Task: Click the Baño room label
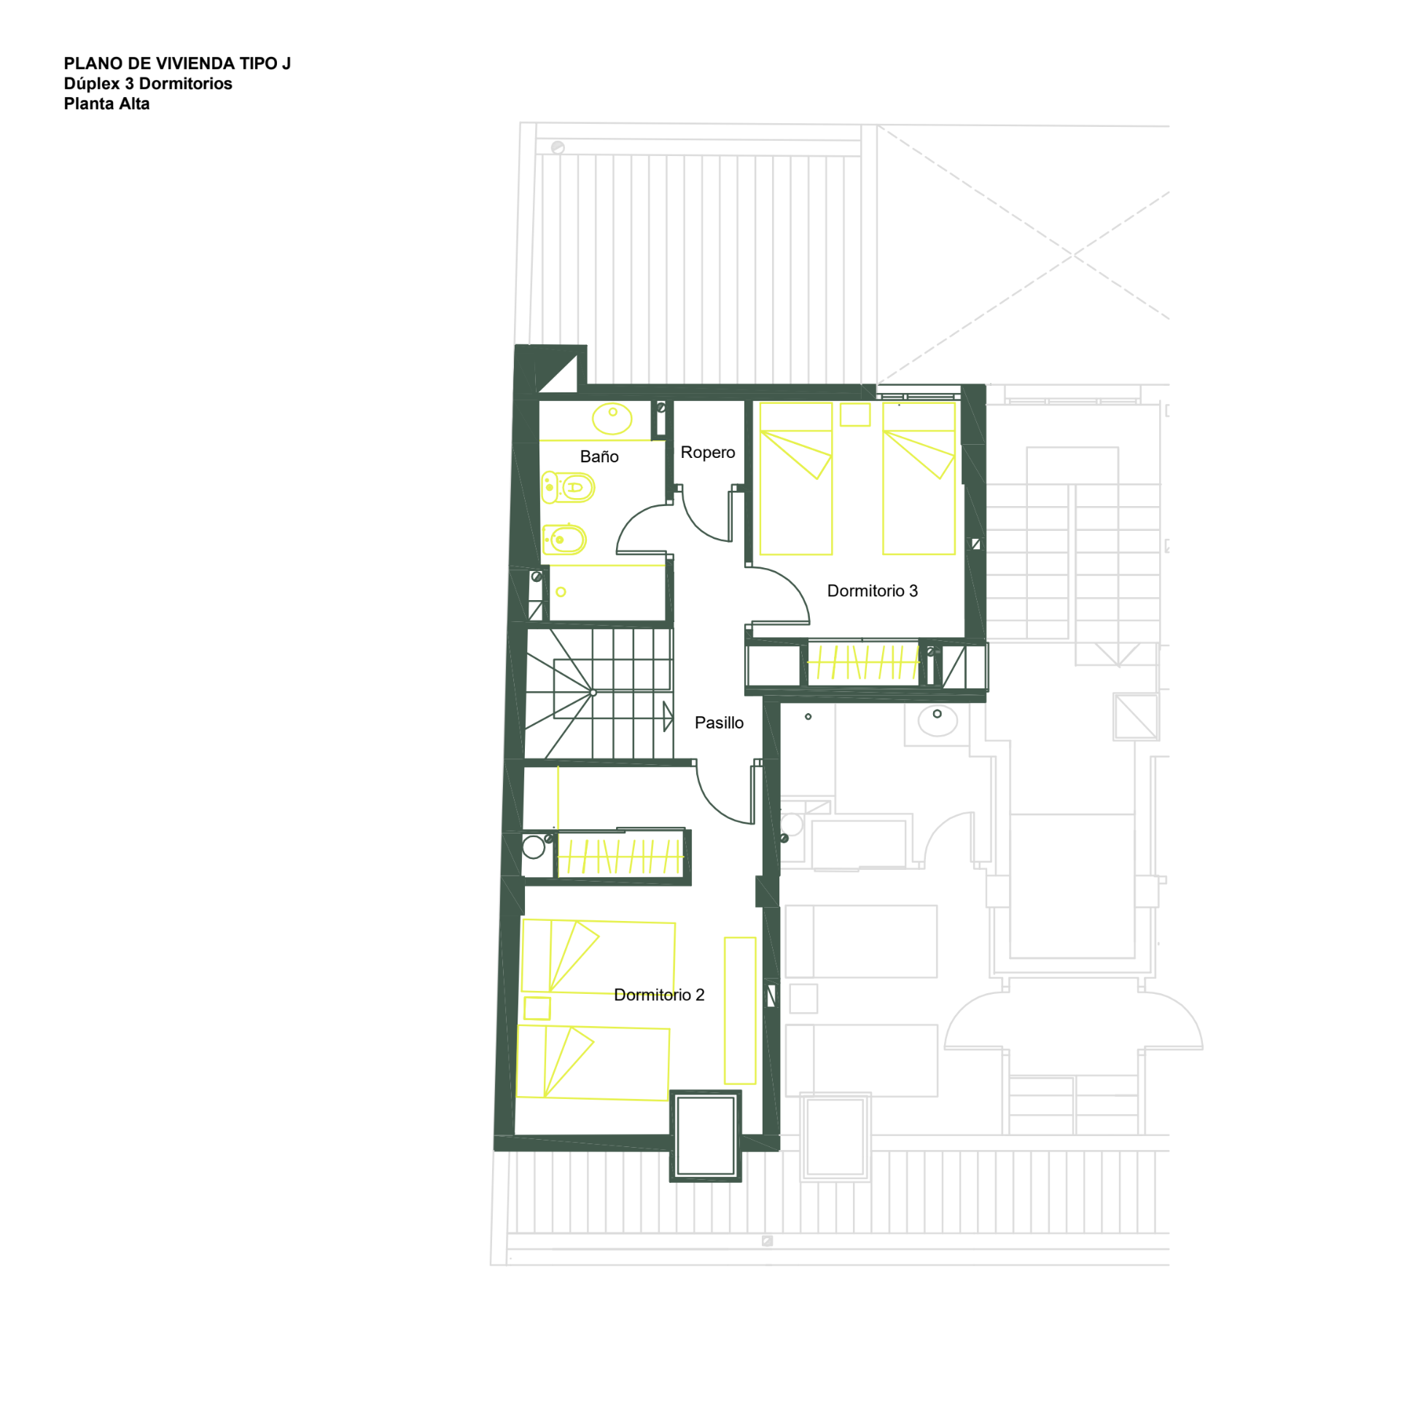coord(599,456)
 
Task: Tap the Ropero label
coord(707,452)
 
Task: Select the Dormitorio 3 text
coord(872,591)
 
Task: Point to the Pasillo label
coord(719,723)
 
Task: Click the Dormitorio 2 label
coord(659,995)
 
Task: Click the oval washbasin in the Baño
coord(612,419)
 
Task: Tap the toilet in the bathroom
coord(568,487)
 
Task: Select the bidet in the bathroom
coord(565,540)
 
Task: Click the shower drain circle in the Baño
coord(561,592)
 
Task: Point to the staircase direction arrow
coord(668,716)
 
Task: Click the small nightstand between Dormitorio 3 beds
coord(854,414)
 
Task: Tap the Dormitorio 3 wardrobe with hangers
coord(862,662)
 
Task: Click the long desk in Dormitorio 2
coord(739,1011)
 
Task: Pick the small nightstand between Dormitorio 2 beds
coord(537,1008)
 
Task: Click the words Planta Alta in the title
coord(106,104)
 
